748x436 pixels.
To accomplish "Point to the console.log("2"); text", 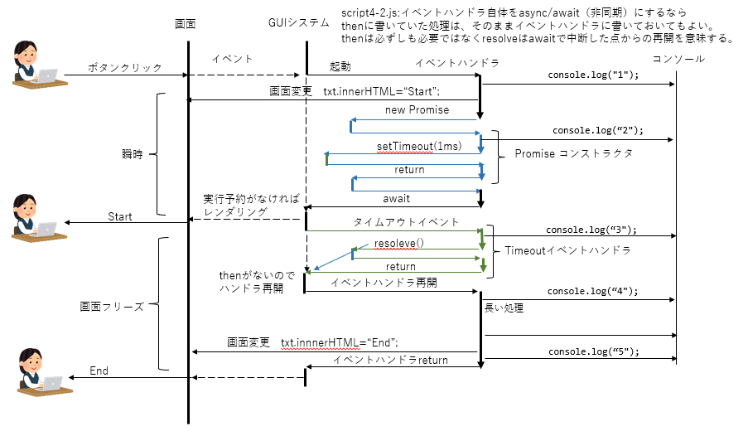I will tap(597, 131).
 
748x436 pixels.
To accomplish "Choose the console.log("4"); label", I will tap(592, 292).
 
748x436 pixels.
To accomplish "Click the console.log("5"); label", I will tap(593, 351).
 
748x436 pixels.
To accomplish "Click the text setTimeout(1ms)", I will tap(416, 147).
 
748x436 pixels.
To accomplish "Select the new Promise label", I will tap(417, 110).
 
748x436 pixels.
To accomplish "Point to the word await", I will tap(396, 199).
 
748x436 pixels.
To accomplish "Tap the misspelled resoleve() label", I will tap(398, 244).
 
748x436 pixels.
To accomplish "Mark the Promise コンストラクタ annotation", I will tap(573, 154).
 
